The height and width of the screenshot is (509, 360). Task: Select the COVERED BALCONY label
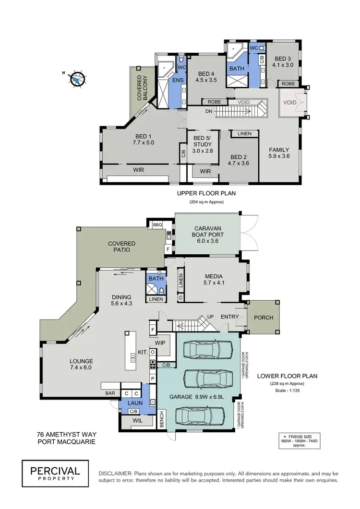[142, 87]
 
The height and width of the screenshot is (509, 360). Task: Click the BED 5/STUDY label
[202, 144]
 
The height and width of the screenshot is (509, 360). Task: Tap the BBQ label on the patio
[156, 224]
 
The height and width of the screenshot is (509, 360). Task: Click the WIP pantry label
[160, 343]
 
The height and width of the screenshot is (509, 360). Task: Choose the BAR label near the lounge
[110, 392]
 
